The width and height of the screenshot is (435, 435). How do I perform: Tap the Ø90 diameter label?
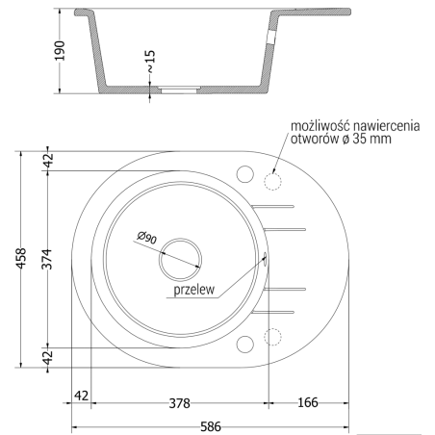pos(147,236)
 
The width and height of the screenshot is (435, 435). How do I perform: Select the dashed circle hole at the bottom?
pos(272,337)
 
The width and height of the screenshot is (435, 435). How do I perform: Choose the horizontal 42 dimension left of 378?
pos(82,395)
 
